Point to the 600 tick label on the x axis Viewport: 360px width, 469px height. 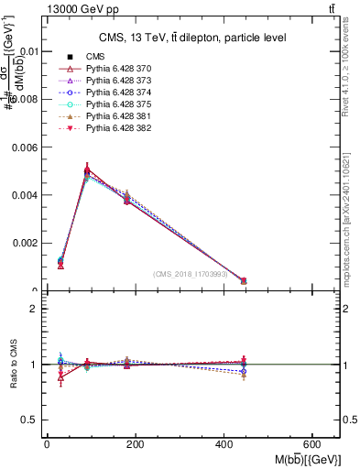312,443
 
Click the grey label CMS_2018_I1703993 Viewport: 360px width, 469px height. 191,273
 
